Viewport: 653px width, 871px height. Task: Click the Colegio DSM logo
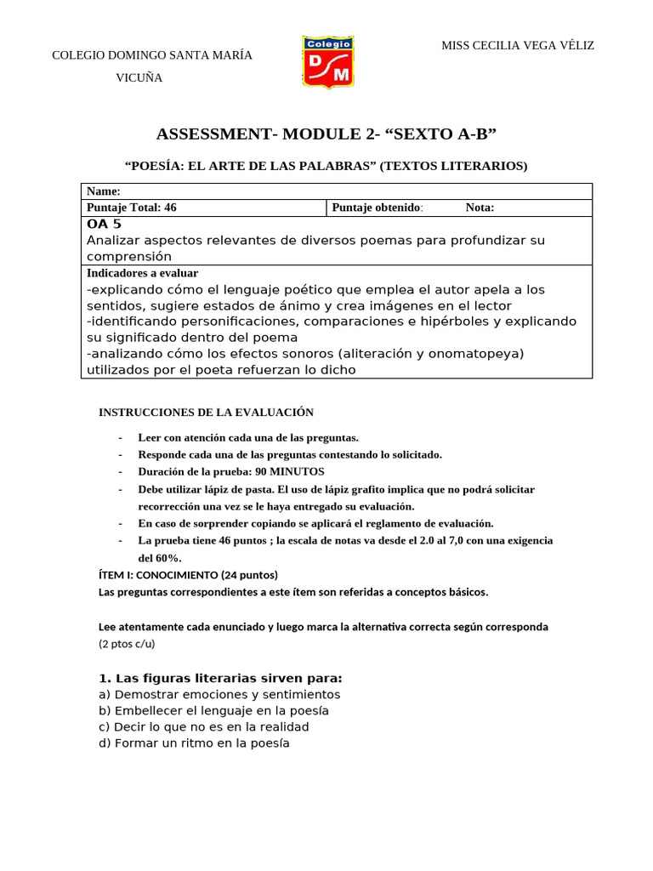tap(328, 63)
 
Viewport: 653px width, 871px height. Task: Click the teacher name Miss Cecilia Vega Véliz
tap(517, 45)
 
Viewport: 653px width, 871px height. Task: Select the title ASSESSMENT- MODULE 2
tap(326, 134)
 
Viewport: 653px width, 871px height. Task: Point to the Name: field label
tap(104, 191)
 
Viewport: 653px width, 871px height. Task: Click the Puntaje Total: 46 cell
tap(132, 208)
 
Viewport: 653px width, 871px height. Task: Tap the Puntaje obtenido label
tap(377, 208)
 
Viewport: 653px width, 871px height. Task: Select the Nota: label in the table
tap(480, 208)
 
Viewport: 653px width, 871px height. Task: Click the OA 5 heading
tap(105, 224)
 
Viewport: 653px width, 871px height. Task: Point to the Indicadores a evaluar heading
tap(142, 273)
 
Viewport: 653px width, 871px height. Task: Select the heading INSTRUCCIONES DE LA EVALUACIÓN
tap(206, 413)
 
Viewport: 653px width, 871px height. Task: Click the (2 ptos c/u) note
tap(127, 644)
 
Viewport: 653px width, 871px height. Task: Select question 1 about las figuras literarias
tap(220, 678)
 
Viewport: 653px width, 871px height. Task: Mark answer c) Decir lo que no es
tap(203, 726)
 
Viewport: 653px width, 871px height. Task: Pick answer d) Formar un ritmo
tap(194, 743)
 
